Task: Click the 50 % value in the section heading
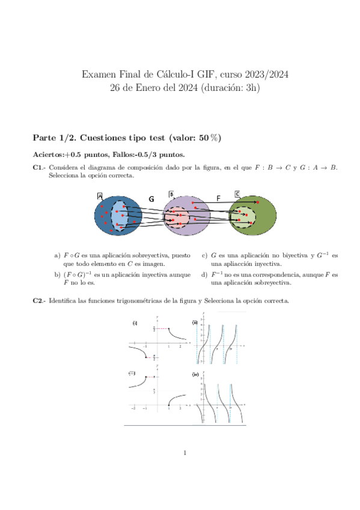point(210,137)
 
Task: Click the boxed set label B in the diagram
point(171,194)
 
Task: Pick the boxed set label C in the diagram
point(237,194)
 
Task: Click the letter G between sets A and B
point(151,198)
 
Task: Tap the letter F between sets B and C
point(218,197)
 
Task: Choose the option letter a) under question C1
point(57,255)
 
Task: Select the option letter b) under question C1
point(57,274)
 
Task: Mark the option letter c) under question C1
point(204,255)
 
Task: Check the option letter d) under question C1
point(204,274)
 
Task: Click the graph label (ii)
point(195,323)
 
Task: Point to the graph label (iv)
point(195,375)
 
